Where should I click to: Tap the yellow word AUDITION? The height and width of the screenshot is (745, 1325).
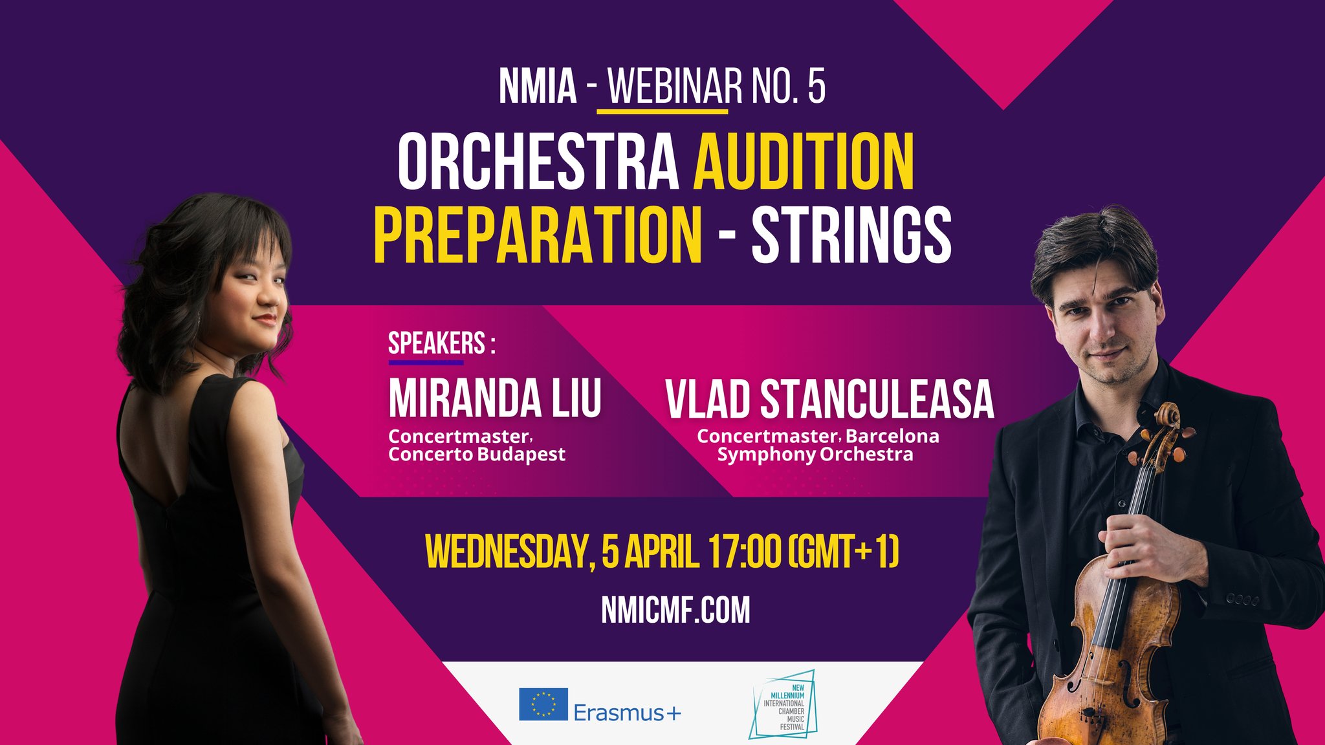coord(804,161)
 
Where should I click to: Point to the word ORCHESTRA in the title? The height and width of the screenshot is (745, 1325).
coord(538,161)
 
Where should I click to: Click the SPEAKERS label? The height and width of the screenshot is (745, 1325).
coord(437,343)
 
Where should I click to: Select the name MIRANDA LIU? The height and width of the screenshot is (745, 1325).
coord(495,398)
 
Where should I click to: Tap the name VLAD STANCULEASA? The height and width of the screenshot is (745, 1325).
coord(829,399)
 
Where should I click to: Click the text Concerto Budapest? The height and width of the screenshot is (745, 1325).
coord(477,455)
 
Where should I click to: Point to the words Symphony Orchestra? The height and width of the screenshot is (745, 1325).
coord(815,455)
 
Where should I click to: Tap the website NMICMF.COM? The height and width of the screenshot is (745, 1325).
coord(675,610)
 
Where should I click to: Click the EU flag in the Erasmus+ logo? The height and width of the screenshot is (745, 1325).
coord(543,704)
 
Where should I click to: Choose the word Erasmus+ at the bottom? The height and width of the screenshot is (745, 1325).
coord(627,713)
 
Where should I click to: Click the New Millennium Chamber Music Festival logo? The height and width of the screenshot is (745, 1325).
coord(783,706)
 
